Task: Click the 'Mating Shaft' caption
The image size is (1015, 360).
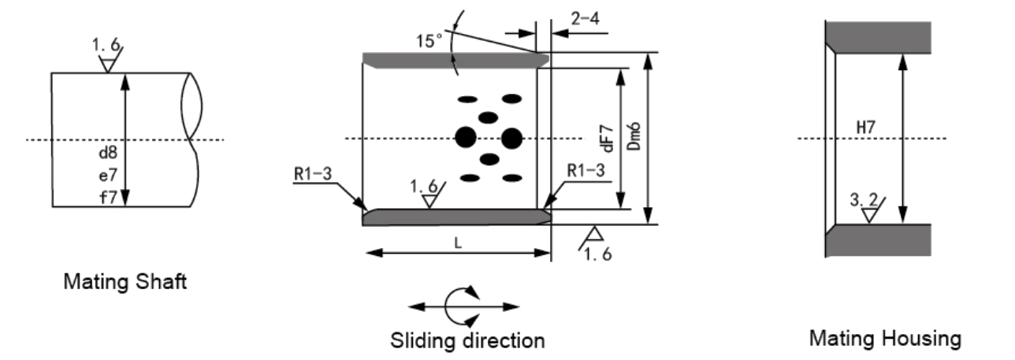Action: [x=125, y=282]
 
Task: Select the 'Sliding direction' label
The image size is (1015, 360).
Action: [x=467, y=340]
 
